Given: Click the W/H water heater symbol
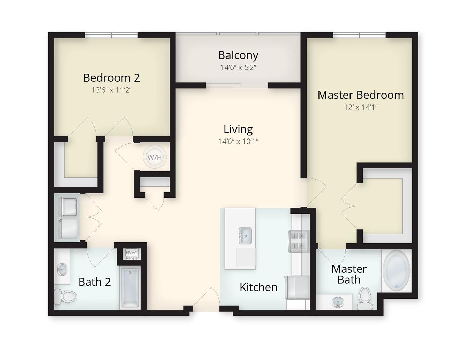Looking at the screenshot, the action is click(155, 157).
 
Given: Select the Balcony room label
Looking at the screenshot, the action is click(238, 55).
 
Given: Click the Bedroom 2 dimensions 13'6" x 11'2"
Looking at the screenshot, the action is click(112, 90).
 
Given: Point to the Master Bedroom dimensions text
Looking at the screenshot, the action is click(361, 107).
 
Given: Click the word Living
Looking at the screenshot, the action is click(238, 129).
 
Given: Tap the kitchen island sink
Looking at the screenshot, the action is click(245, 236).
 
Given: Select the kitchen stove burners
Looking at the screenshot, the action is click(298, 241).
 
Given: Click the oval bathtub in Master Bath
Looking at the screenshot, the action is click(397, 271).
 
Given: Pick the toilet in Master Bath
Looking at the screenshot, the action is click(364, 299).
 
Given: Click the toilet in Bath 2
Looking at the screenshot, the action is click(66, 297).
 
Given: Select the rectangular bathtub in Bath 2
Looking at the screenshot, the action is click(131, 288).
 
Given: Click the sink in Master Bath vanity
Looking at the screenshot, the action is click(338, 302).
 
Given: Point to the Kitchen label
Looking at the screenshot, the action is click(258, 287).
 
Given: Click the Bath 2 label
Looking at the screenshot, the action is click(95, 282).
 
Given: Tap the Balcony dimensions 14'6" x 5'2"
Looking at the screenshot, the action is click(239, 68).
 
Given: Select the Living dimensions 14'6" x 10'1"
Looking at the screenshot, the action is click(238, 141).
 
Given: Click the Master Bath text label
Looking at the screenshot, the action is click(349, 275).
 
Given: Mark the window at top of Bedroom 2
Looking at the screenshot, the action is click(112, 35).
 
